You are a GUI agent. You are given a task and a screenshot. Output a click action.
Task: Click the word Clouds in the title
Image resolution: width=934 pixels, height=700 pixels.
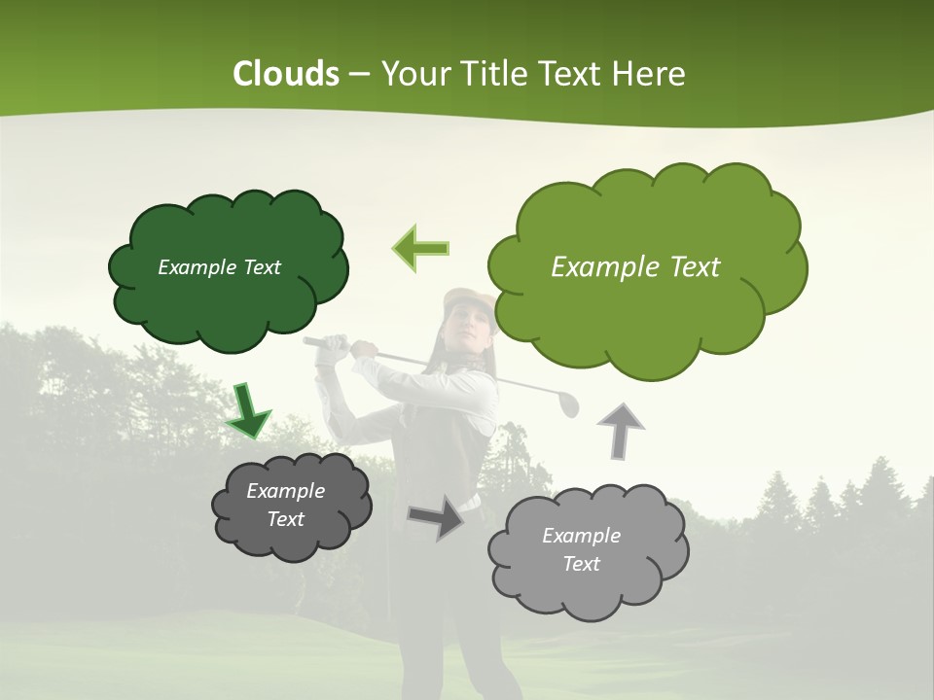coord(285,74)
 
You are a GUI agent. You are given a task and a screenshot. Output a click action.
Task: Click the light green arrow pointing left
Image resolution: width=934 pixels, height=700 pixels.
coord(420,249)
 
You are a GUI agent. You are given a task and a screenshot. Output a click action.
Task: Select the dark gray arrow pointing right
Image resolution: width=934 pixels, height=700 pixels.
coord(435,516)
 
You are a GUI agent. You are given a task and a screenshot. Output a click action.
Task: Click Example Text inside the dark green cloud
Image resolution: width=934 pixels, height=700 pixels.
coord(219,267)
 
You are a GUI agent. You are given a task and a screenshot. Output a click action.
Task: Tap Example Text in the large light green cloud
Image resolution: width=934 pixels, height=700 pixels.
coord(635,267)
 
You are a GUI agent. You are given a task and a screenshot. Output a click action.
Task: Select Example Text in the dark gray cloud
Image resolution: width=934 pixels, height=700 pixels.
coord(285,505)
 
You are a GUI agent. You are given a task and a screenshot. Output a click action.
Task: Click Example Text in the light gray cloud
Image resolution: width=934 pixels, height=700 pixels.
coord(581,549)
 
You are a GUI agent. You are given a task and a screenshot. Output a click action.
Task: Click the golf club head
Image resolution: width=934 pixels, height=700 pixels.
coord(567,403)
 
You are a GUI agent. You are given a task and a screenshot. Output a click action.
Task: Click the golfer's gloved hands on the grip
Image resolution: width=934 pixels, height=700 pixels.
coord(336,347)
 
